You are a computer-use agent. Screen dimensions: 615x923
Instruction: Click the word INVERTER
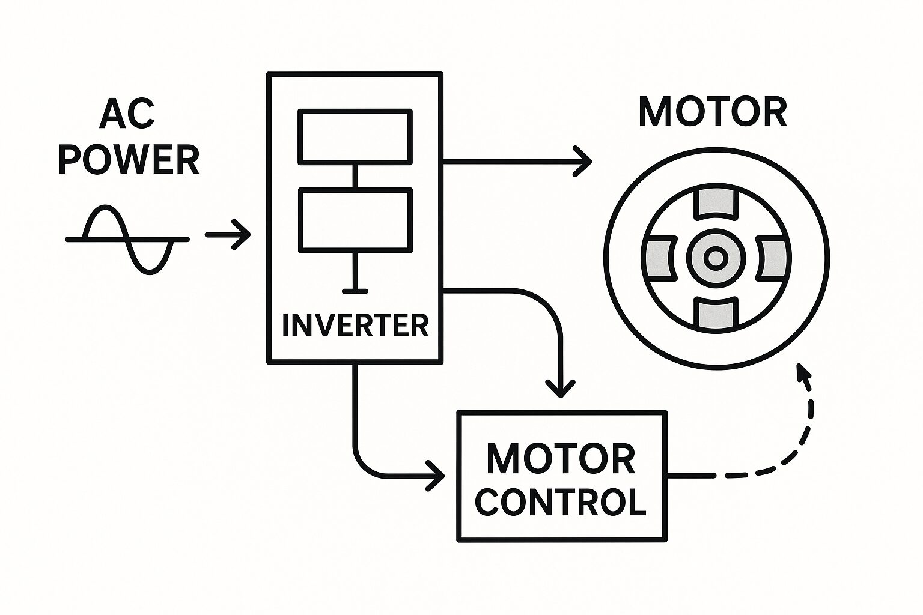pos(355,325)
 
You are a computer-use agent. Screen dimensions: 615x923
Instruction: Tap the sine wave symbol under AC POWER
pos(127,239)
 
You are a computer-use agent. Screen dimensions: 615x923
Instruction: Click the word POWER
pos(129,159)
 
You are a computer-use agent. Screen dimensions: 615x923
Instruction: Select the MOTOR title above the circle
pos(713,112)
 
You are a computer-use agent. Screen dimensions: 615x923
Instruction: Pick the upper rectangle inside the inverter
pos(356,137)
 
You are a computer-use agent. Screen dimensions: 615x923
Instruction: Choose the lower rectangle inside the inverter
pos(356,219)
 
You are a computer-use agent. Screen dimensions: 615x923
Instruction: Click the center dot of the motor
pos(715,258)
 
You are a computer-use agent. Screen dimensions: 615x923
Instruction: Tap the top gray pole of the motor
pos(715,204)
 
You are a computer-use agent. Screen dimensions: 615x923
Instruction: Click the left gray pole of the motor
pos(660,258)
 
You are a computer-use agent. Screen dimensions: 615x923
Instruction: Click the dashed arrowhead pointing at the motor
pos(802,371)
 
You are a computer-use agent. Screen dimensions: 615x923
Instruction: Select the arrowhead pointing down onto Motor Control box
pos(560,389)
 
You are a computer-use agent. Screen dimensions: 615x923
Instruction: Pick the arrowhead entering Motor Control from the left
pos(437,476)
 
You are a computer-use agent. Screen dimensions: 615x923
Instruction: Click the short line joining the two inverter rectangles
pos(356,175)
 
